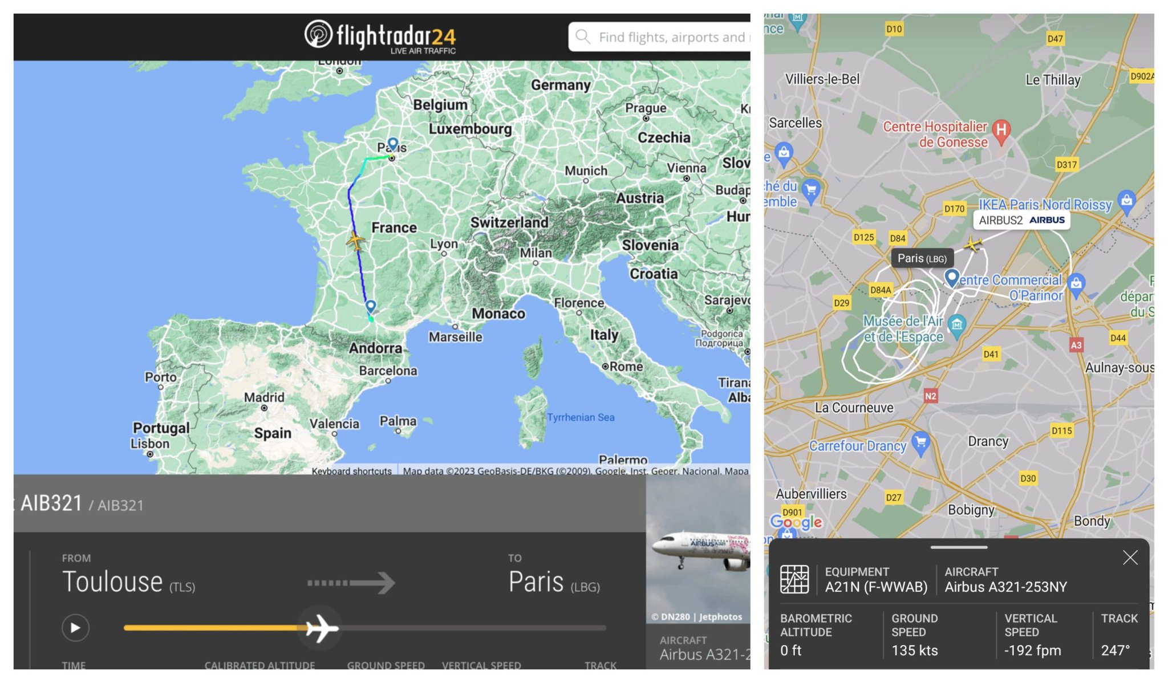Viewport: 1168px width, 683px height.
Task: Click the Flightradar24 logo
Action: tap(380, 36)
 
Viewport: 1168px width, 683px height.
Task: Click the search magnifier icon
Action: tap(582, 36)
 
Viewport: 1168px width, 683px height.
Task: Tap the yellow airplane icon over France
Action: tap(356, 241)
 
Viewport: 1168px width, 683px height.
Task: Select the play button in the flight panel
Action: tap(75, 628)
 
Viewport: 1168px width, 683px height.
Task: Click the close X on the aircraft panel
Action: tap(1130, 558)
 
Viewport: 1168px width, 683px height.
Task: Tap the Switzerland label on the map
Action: tap(509, 222)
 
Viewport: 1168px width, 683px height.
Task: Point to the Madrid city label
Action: tap(263, 397)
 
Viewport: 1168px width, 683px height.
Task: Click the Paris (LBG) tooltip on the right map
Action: tap(922, 258)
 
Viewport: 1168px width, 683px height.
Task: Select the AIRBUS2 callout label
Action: tap(1021, 220)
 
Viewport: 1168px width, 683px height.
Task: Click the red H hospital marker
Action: tap(1001, 131)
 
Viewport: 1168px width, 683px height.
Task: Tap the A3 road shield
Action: tap(1076, 345)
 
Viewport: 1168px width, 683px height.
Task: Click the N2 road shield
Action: tap(930, 396)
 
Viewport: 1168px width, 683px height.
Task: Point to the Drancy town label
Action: tap(988, 441)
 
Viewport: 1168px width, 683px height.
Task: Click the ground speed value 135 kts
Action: tap(914, 650)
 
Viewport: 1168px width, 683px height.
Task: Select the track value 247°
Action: tap(1115, 650)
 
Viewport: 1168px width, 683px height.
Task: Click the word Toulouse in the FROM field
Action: tap(112, 582)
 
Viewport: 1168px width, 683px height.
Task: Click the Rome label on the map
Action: tap(626, 367)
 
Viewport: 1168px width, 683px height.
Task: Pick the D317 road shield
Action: tap(1066, 165)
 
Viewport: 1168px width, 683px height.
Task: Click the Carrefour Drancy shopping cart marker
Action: tap(920, 441)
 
